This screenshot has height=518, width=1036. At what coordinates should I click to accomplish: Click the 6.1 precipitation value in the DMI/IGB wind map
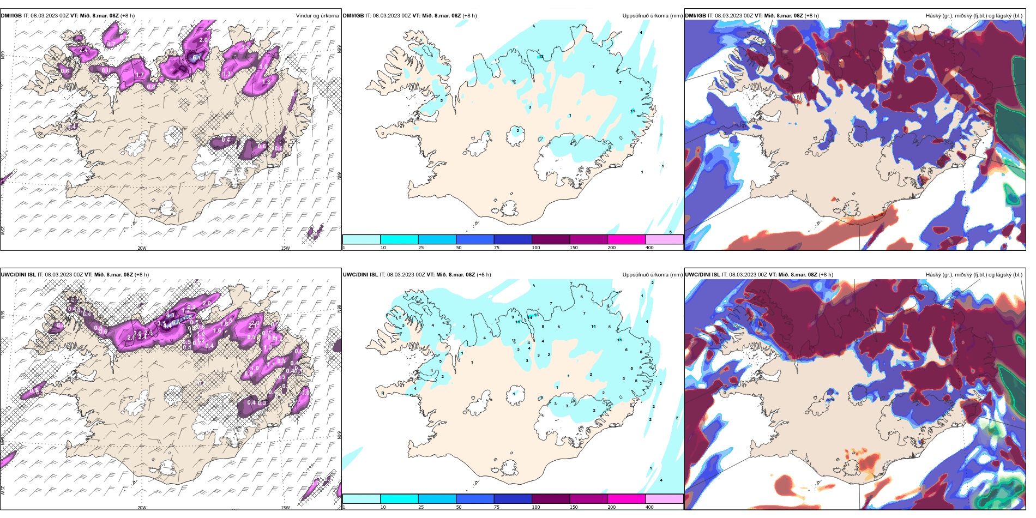click(197, 57)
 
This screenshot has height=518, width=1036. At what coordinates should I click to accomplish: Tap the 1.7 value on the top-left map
click(140, 75)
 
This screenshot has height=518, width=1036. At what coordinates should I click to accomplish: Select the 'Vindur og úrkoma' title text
click(317, 16)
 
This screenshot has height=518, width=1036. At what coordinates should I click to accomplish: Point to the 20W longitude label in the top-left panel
click(142, 248)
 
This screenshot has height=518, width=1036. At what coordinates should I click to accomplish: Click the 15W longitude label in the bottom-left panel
click(285, 508)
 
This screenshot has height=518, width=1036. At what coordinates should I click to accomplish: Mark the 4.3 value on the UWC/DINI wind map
click(170, 315)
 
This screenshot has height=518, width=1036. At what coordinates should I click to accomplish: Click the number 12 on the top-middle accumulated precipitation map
click(541, 57)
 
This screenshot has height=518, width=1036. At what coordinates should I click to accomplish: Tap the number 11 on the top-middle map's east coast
click(633, 111)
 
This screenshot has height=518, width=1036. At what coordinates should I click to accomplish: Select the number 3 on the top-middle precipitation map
click(529, 107)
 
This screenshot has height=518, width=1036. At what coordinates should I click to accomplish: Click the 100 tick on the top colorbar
click(536, 248)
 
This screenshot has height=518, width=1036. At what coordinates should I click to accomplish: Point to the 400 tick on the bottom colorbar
click(649, 507)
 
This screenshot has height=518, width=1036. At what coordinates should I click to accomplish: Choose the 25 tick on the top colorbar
click(421, 248)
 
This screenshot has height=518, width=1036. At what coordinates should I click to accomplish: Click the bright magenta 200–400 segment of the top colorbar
click(627, 239)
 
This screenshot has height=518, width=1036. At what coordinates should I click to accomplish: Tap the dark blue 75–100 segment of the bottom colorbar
click(513, 499)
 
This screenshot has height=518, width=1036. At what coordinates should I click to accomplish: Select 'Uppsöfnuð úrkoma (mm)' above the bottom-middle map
click(652, 275)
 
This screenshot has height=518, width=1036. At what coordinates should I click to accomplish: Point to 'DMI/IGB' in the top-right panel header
click(695, 16)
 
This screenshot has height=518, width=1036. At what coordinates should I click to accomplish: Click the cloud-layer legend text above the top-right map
click(974, 16)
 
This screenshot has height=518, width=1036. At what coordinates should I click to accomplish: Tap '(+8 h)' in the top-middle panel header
click(469, 16)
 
